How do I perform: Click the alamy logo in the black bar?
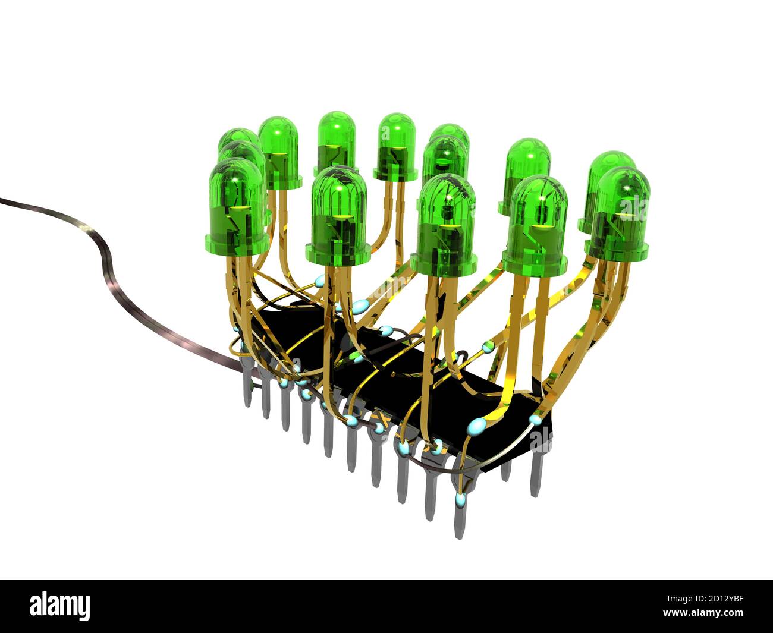pos(60,606)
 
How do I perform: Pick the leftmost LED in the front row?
pos(236,208)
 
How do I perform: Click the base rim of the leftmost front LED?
pos(236,244)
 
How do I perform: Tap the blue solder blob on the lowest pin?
pos(459,499)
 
